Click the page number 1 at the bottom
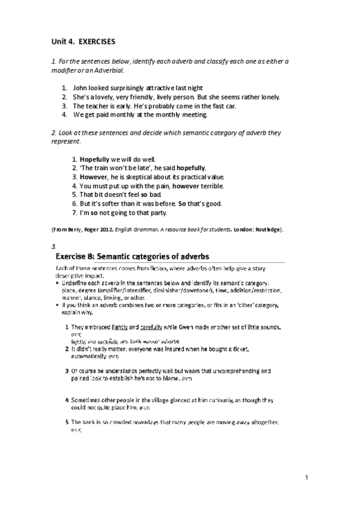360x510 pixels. (307, 479)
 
